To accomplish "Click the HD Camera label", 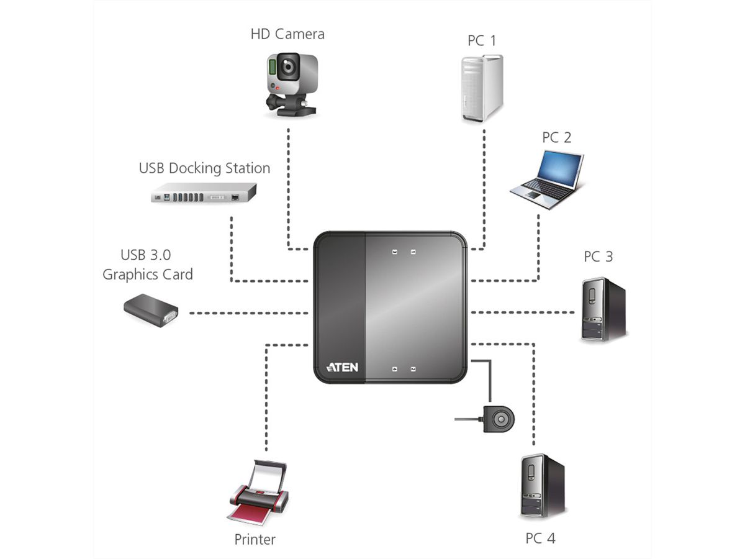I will (287, 34).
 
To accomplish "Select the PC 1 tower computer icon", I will (482, 88).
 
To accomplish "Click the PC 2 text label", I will (556, 137).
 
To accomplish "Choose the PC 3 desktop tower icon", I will (602, 309).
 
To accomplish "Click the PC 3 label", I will (598, 256).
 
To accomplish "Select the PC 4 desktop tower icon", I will (541, 486).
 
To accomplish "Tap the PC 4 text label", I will (540, 538).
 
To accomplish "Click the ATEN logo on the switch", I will (342, 367).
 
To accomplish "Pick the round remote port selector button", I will (500, 420).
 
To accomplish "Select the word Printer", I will (255, 539).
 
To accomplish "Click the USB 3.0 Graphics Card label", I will (148, 265).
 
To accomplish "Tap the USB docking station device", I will (204, 193).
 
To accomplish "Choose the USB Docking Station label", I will (204, 168).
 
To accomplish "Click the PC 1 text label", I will (482, 40).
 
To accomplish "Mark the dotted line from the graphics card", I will (248, 312).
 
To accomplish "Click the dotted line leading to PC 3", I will (525, 312).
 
